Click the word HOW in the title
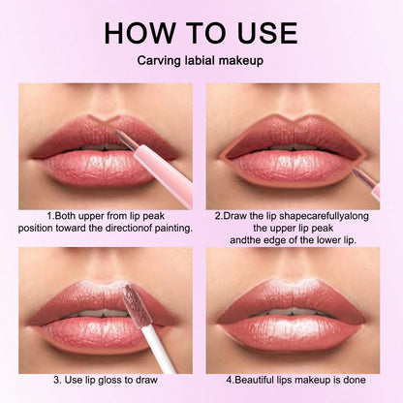coord(144,33)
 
